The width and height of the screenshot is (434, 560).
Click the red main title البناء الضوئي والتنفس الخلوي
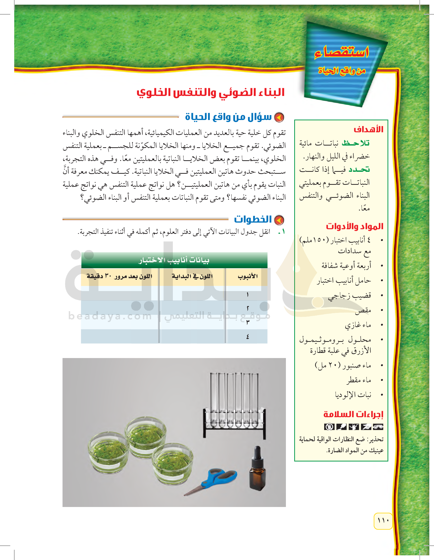(211, 93)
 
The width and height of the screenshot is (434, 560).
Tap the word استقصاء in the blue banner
(342, 52)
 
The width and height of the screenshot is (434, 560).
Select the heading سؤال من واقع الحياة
(228, 117)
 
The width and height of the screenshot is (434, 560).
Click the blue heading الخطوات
(253, 219)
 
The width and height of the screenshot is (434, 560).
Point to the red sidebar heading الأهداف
(369, 129)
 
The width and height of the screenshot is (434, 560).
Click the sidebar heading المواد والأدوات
(355, 226)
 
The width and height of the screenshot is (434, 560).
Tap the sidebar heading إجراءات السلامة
(353, 414)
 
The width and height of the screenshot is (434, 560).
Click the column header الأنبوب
(247, 276)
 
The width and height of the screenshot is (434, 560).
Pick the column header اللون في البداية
(192, 276)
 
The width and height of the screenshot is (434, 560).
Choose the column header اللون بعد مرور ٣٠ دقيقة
(119, 276)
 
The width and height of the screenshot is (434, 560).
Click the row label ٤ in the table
(247, 336)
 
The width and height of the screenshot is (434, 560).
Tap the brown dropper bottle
(257, 472)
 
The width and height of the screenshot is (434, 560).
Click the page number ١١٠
(383, 520)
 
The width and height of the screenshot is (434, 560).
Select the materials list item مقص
(363, 310)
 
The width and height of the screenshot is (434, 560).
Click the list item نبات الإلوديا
(353, 395)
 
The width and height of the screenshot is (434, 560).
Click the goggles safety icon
(378, 427)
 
